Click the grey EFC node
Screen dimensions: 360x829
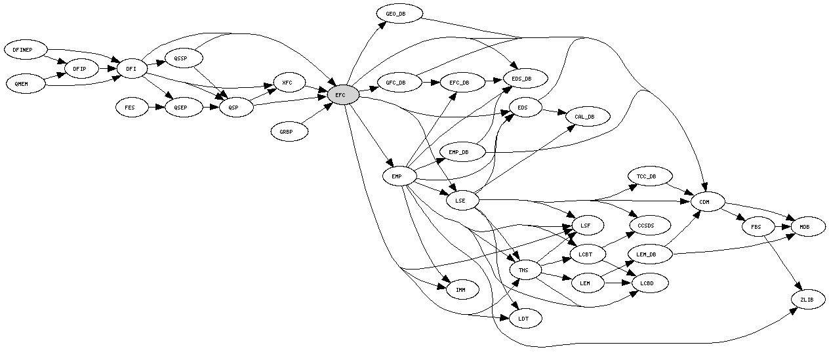[342, 95]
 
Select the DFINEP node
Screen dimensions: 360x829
[27, 49]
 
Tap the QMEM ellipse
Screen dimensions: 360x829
[26, 84]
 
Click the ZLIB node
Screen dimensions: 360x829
[806, 300]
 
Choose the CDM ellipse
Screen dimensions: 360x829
[707, 201]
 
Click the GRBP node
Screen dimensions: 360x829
[289, 131]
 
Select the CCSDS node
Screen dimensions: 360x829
[650, 226]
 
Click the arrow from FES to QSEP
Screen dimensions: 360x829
[156, 106]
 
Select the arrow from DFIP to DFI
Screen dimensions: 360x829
[106, 68]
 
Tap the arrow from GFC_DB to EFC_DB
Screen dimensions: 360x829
[430, 83]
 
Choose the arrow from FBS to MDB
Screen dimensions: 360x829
[782, 227]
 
